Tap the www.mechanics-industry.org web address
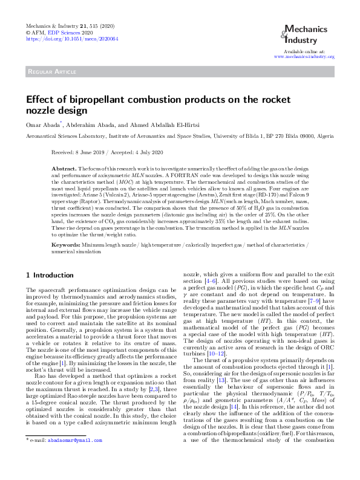304,56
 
